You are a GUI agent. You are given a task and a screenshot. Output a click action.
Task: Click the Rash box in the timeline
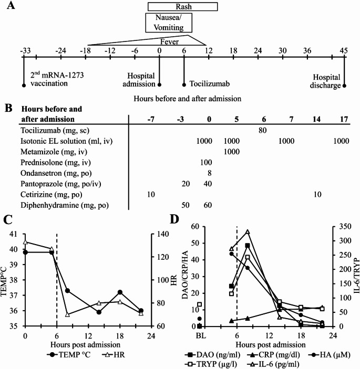[182, 6]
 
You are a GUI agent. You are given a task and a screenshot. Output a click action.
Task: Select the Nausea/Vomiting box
[168, 23]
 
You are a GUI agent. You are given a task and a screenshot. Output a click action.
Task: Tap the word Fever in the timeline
[169, 40]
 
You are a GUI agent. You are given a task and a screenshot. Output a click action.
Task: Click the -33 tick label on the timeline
[24, 50]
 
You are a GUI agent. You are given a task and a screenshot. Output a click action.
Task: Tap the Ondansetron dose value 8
[210, 173]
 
